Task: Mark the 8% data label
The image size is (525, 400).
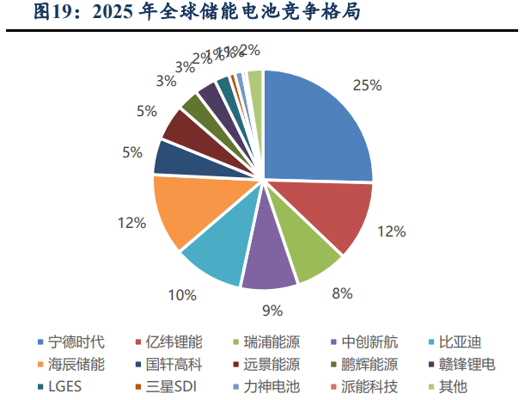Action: coord(342,293)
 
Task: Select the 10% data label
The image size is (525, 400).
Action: coord(182,295)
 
